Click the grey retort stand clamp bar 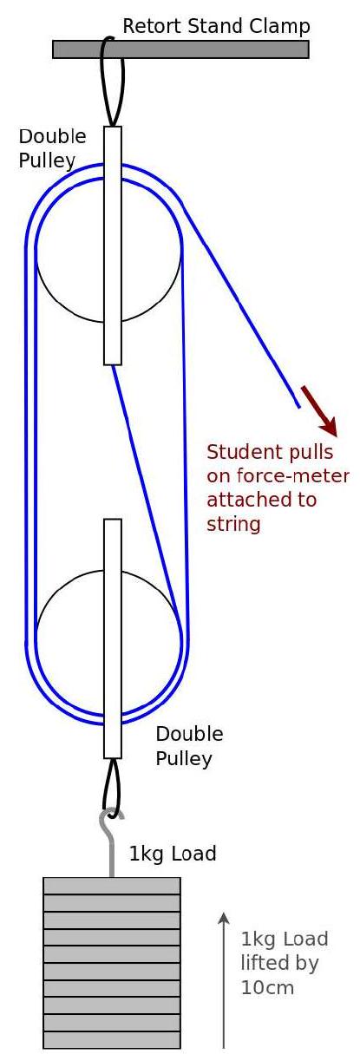tap(180, 49)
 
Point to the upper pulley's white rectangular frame tap(113, 245)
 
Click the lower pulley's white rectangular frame tap(113, 638)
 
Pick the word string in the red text tap(233, 524)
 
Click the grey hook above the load tap(112, 842)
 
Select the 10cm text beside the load tap(267, 988)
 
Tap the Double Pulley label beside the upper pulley tap(52, 148)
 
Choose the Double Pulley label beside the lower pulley tap(189, 746)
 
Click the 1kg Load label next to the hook tap(173, 854)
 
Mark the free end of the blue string tap(298, 406)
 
